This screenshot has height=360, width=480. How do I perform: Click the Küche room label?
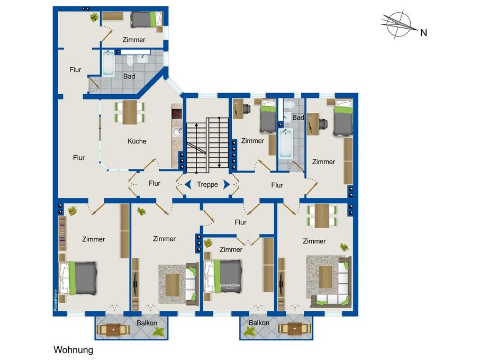point(137,141)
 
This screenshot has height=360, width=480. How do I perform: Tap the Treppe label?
point(207,185)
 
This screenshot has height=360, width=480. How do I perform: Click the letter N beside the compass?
point(423,33)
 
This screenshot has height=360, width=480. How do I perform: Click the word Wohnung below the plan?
point(74,350)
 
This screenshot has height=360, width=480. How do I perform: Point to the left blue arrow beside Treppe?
point(188,184)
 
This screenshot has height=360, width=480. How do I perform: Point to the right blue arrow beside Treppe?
point(227,184)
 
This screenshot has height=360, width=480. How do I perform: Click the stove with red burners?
point(177,114)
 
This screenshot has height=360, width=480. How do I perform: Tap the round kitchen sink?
point(177,132)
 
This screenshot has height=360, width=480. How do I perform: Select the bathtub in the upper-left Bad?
point(108,63)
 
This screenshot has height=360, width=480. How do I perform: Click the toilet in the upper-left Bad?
point(129,61)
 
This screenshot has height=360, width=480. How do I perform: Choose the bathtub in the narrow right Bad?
point(286,143)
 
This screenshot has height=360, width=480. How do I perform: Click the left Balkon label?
point(147,323)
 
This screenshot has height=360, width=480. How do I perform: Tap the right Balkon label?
point(259,322)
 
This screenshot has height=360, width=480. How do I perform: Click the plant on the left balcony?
point(159,331)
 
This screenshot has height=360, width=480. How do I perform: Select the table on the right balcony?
point(294,329)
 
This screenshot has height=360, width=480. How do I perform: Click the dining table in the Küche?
point(130,112)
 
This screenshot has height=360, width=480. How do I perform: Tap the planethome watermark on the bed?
point(230,285)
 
